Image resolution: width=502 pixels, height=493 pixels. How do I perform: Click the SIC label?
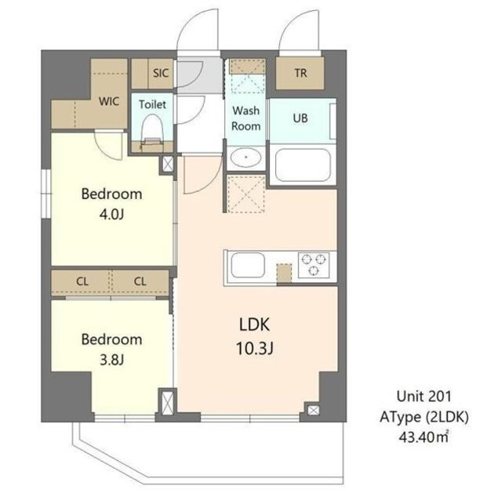tap(160, 73)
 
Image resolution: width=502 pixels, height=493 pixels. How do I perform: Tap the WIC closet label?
tap(109, 101)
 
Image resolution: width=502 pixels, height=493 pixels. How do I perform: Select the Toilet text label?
tap(152, 104)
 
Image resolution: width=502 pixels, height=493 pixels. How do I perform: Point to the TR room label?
tap(300, 73)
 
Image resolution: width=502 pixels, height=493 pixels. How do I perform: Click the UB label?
tap(300, 118)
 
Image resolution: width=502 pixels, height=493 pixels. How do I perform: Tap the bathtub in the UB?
tap(303, 165)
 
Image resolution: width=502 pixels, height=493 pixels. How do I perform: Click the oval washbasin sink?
tap(246, 158)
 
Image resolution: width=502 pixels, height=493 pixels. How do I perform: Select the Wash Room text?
tap(246, 118)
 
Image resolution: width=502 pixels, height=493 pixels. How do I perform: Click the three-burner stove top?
tap(314, 264)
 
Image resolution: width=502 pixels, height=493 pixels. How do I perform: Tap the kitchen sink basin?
tap(248, 265)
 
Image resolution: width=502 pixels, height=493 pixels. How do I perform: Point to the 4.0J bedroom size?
tap(111, 215)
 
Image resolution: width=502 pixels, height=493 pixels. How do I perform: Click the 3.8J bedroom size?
tap(111, 361)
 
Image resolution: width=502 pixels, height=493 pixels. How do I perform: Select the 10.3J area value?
tap(254, 349)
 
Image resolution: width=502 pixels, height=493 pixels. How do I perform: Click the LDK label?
tap(254, 324)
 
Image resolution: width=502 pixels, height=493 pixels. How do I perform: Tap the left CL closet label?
tap(82, 281)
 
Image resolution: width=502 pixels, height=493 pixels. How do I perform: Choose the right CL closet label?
tap(140, 281)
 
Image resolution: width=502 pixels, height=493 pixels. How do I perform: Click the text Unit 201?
tap(424, 397)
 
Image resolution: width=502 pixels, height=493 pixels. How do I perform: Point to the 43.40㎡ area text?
tap(424, 437)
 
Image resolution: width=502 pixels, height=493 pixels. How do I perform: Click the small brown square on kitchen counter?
tap(284, 273)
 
